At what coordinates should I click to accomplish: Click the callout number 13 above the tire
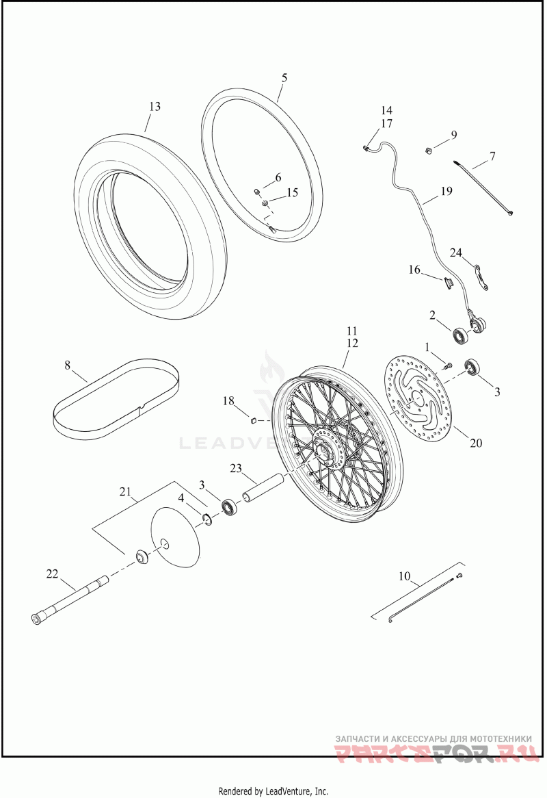(x=155, y=107)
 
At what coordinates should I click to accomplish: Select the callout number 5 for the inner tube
(x=284, y=77)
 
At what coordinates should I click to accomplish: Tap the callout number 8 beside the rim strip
(x=67, y=365)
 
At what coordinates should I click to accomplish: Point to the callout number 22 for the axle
(x=53, y=574)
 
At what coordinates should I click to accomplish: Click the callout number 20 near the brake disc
(x=476, y=443)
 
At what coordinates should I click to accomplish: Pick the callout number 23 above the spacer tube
(x=237, y=469)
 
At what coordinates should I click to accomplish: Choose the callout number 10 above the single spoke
(x=405, y=576)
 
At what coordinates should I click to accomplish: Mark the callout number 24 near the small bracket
(x=456, y=253)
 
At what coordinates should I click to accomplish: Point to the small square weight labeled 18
(x=251, y=420)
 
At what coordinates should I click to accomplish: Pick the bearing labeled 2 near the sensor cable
(x=462, y=336)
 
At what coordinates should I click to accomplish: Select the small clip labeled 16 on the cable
(x=450, y=282)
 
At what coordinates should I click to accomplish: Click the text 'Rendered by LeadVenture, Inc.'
(x=273, y=791)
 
